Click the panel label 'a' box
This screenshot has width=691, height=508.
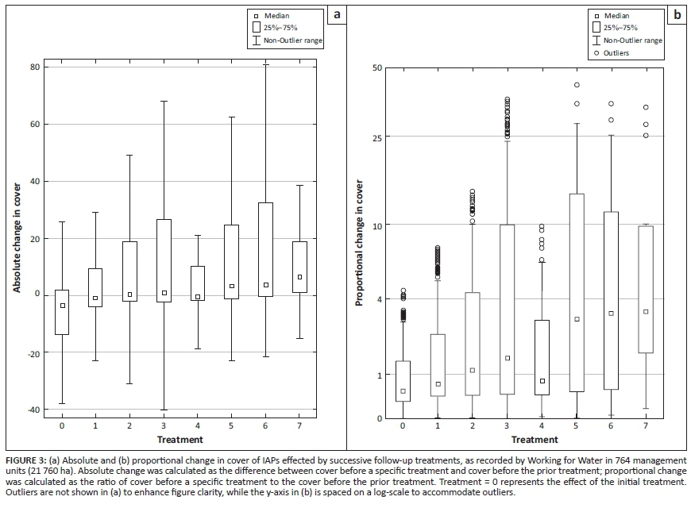point(337,14)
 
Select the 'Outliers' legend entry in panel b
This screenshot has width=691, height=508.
point(616,53)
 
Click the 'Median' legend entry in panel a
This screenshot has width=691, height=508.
point(276,15)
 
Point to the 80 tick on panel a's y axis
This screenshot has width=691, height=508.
point(35,67)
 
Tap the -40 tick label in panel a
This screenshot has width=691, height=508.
point(33,410)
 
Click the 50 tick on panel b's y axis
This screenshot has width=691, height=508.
point(377,68)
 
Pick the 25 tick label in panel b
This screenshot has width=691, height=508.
point(377,137)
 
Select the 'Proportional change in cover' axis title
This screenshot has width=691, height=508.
point(359,242)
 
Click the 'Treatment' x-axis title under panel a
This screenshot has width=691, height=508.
point(180,439)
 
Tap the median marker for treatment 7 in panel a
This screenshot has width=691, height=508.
point(299,277)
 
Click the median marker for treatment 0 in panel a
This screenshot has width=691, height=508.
point(62,306)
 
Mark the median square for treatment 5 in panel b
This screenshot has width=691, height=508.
point(577,319)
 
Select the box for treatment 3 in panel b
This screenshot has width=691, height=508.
point(507,310)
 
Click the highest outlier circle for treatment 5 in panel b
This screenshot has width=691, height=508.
point(577,85)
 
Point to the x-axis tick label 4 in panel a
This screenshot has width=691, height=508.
point(198,425)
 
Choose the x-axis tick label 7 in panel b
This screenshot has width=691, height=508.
point(646,426)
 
